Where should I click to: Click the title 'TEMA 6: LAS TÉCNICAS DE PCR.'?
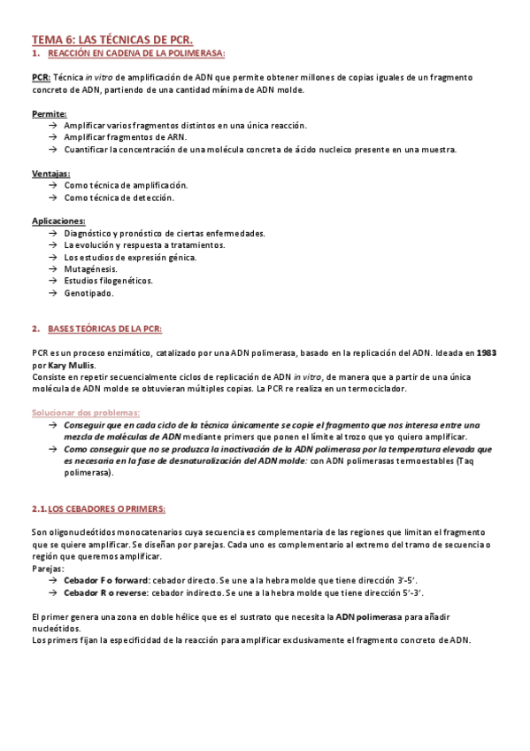[112, 40]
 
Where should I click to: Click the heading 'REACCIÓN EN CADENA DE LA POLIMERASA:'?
[137, 53]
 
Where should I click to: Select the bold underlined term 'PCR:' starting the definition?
[41, 77]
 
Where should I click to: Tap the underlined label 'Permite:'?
[49, 114]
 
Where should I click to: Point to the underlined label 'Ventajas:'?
[51, 174]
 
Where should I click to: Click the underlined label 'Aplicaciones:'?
[58, 221]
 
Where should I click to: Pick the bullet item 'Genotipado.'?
[88, 292]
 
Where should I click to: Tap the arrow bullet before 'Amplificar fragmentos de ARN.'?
[53, 138]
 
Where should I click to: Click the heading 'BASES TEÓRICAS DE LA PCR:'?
[104, 329]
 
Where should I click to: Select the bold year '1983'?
[486, 352]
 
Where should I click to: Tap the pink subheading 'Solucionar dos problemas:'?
[86, 413]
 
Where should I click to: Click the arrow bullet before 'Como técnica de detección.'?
[53, 197]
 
